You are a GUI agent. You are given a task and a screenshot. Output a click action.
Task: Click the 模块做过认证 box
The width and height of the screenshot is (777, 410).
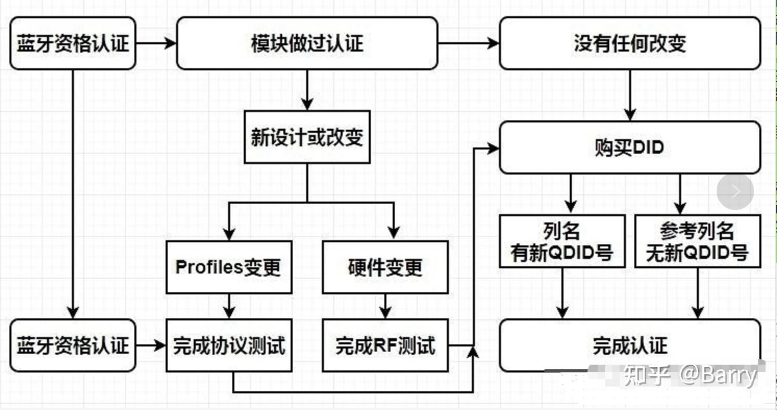[307, 43]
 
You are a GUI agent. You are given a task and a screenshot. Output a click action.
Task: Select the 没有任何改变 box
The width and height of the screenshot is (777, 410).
[630, 43]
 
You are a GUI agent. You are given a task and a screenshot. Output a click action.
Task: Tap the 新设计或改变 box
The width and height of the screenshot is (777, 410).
[307, 137]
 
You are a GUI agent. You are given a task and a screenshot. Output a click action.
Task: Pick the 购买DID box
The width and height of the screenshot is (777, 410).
[630, 147]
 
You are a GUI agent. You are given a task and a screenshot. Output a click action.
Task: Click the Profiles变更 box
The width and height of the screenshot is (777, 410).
[229, 267]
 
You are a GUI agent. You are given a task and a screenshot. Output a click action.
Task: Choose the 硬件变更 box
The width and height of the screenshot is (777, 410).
[385, 267]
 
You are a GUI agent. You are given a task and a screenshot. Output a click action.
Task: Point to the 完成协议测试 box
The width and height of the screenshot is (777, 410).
[229, 345]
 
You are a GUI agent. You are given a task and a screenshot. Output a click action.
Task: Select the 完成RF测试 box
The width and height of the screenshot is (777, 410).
[385, 345]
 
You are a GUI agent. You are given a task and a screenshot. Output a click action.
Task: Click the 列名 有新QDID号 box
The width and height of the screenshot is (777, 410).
[562, 242]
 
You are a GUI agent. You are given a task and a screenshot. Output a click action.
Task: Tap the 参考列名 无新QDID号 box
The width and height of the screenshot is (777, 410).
[697, 242]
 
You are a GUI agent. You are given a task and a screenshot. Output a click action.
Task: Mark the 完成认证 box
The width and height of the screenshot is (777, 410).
[630, 345]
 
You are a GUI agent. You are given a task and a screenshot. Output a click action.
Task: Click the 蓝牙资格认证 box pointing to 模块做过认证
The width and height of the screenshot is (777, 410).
[73, 43]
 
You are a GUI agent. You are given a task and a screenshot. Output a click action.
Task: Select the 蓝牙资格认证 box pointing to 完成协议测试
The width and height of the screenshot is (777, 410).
[73, 345]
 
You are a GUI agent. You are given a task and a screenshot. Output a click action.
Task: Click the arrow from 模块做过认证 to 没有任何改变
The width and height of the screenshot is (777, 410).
[468, 43]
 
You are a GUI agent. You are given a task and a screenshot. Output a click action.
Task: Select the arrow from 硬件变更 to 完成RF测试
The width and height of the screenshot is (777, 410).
[385, 306]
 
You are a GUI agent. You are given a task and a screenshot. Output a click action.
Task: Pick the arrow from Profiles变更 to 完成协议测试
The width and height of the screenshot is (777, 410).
[229, 306]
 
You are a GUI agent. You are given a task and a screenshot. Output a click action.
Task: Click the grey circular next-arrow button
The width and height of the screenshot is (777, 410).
[735, 192]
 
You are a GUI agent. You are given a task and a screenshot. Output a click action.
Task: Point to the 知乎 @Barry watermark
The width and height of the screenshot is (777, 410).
[690, 375]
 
